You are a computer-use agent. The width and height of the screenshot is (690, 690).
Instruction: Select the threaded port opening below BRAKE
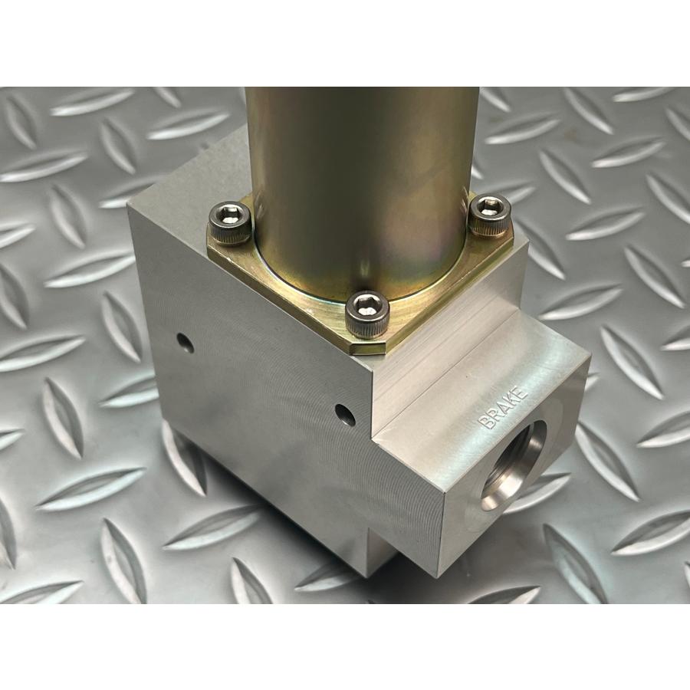(514, 465)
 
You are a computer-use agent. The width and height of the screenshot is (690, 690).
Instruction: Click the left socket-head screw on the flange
(230, 222)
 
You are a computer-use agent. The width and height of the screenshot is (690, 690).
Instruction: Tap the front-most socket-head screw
(367, 314)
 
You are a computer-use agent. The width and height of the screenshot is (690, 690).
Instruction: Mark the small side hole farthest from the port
(186, 343)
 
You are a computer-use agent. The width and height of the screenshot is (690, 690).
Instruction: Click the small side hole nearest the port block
(345, 415)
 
